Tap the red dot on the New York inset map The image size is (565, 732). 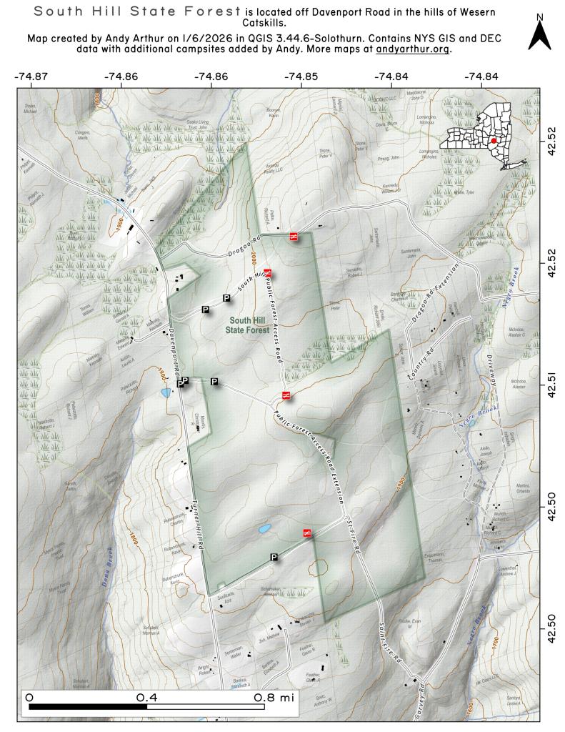click(494, 141)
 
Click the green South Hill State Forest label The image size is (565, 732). click(248, 325)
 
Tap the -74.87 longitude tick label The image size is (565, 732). click(31, 75)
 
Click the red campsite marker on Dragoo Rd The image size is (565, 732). click(293, 236)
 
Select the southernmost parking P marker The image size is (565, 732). click(274, 556)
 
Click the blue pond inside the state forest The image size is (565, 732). click(264, 530)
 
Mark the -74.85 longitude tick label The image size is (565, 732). click(301, 75)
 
